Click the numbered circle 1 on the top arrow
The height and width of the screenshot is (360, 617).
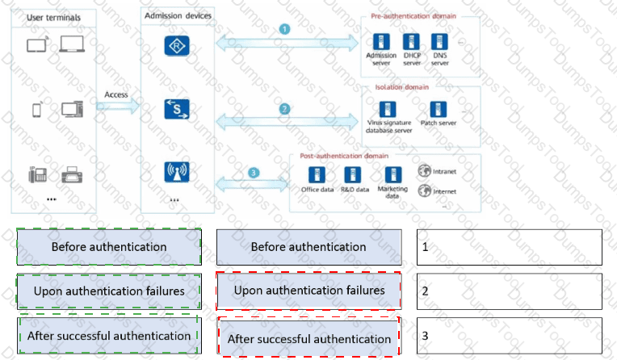click(283, 29)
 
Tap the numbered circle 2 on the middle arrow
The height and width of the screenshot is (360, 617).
click(284, 108)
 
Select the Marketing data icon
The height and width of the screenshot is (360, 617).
click(393, 174)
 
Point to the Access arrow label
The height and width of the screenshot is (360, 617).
click(116, 94)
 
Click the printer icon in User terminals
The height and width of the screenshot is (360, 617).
click(72, 173)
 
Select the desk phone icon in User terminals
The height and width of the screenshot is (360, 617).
click(37, 173)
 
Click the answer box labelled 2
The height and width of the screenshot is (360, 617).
click(509, 291)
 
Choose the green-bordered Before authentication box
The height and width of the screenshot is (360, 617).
click(108, 246)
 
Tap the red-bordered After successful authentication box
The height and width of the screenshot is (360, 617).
click(308, 337)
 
